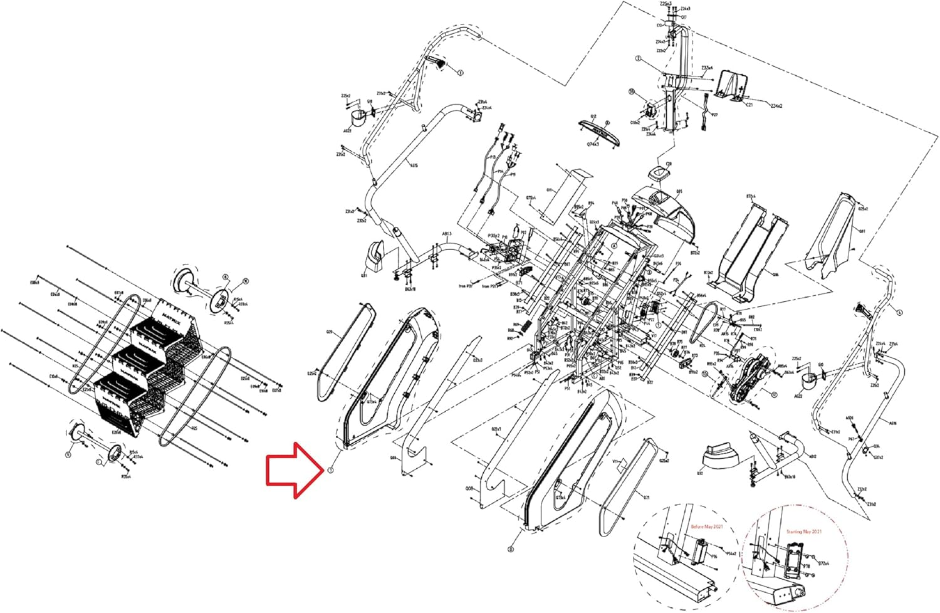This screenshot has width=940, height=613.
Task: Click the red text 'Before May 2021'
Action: click(706, 527)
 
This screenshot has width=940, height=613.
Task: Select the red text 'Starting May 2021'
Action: click(804, 532)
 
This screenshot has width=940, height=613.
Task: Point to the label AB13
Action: click(446, 234)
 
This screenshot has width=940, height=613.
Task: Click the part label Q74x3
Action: click(593, 144)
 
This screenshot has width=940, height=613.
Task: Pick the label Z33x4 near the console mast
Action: click(707, 68)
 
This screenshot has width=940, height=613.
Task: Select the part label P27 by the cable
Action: click(714, 115)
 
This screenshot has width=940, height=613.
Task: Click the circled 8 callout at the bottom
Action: click(511, 549)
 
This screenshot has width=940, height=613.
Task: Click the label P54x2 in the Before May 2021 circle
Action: click(730, 553)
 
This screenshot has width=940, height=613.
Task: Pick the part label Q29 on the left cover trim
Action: click(328, 332)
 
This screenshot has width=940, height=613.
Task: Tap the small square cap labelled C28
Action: click(657, 173)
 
